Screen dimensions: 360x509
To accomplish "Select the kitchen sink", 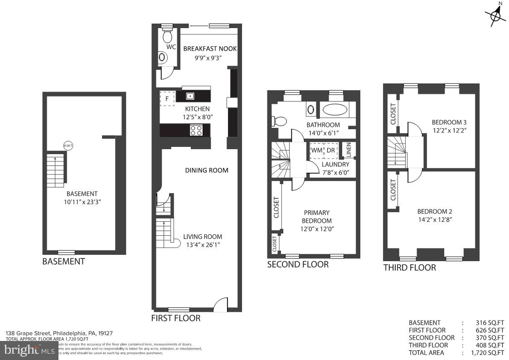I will [x=190, y=96].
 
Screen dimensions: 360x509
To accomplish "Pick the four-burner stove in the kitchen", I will [x=196, y=131].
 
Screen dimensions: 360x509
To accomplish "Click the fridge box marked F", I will [x=167, y=98].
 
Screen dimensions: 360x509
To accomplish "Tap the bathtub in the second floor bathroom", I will [x=335, y=110].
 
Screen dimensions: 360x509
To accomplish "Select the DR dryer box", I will [x=331, y=150].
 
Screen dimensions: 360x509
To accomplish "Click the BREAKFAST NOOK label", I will [x=209, y=49].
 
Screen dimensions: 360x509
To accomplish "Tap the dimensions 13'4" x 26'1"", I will [x=203, y=245].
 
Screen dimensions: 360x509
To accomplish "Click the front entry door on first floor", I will [x=221, y=304].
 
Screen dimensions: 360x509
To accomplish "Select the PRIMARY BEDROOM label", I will [x=316, y=217].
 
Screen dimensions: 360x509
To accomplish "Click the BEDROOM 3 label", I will [x=449, y=122].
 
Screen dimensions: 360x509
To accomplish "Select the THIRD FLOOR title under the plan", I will [x=409, y=268].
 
